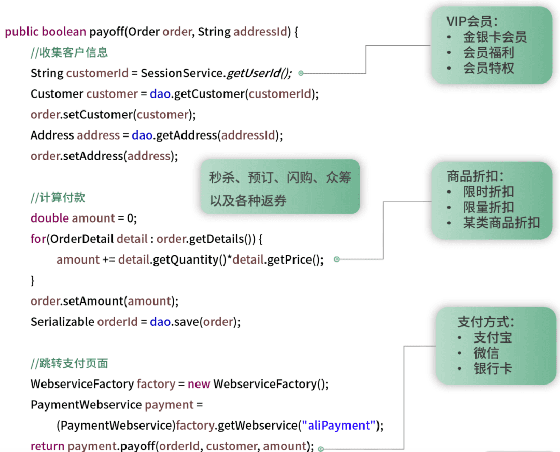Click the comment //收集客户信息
(x=69, y=52)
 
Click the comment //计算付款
(x=58, y=198)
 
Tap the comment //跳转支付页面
(x=69, y=363)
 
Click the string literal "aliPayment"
(x=338, y=426)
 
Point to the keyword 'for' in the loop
(x=38, y=239)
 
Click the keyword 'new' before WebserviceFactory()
(x=199, y=384)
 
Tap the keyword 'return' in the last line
(x=47, y=446)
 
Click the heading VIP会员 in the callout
(x=472, y=21)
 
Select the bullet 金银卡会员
(x=495, y=37)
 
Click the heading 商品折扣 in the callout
(x=475, y=176)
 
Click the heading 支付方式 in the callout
(x=486, y=322)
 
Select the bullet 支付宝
(x=493, y=337)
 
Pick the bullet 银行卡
(x=493, y=368)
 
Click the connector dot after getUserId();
(x=301, y=73)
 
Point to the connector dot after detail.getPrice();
(x=337, y=259)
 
